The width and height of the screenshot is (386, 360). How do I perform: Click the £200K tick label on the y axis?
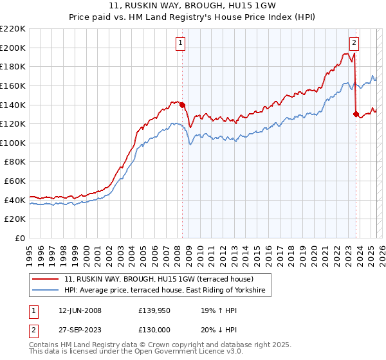point(13,48)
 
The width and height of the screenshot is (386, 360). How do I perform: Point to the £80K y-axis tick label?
point(15,162)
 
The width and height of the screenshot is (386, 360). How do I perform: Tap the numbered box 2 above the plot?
point(354,43)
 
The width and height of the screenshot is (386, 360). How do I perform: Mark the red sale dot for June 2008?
point(182,105)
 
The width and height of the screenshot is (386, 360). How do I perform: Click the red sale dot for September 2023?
point(356,114)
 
